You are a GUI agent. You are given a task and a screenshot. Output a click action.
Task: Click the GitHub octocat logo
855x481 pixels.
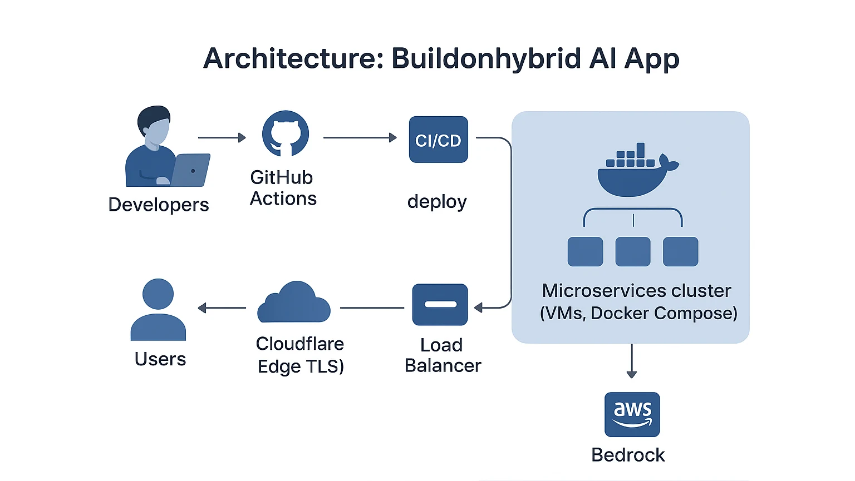(x=286, y=134)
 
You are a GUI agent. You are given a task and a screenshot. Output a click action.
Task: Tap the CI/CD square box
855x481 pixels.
(x=439, y=140)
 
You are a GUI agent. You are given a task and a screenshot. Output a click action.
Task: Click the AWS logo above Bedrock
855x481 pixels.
(x=632, y=414)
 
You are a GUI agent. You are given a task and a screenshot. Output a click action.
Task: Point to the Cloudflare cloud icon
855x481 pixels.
(x=294, y=303)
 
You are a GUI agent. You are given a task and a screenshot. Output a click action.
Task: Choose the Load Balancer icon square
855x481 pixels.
(x=440, y=305)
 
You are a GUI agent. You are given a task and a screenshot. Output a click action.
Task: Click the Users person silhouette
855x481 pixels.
(x=158, y=310)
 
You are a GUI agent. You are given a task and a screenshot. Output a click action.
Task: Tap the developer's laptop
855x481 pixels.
(x=189, y=170)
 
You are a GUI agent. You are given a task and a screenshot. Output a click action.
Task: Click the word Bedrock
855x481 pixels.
(x=628, y=455)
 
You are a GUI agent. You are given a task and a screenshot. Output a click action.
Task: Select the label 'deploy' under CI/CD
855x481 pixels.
(x=437, y=201)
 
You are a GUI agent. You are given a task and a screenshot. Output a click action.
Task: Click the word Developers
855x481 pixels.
(x=159, y=205)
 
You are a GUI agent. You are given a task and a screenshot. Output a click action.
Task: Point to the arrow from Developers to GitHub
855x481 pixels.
(x=222, y=137)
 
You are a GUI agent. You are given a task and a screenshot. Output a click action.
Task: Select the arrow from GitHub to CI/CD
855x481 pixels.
(x=360, y=137)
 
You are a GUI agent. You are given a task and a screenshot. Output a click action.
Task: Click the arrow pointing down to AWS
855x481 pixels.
(x=631, y=361)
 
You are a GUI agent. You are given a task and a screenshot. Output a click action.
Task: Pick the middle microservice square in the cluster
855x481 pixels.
(x=633, y=251)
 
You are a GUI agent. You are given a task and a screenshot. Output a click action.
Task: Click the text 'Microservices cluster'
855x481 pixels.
(x=636, y=291)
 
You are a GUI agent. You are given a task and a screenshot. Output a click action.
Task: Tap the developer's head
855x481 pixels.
(x=155, y=125)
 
